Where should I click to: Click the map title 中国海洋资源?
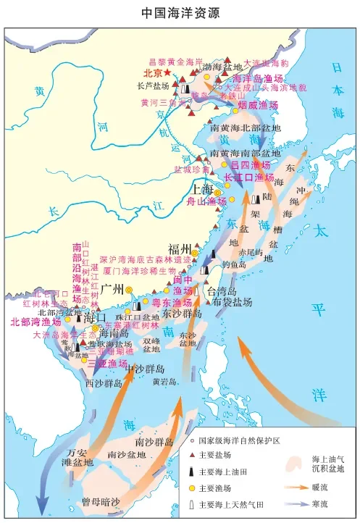(x=180, y=13)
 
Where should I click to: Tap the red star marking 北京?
(x=168, y=73)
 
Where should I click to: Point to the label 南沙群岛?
(x=154, y=441)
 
